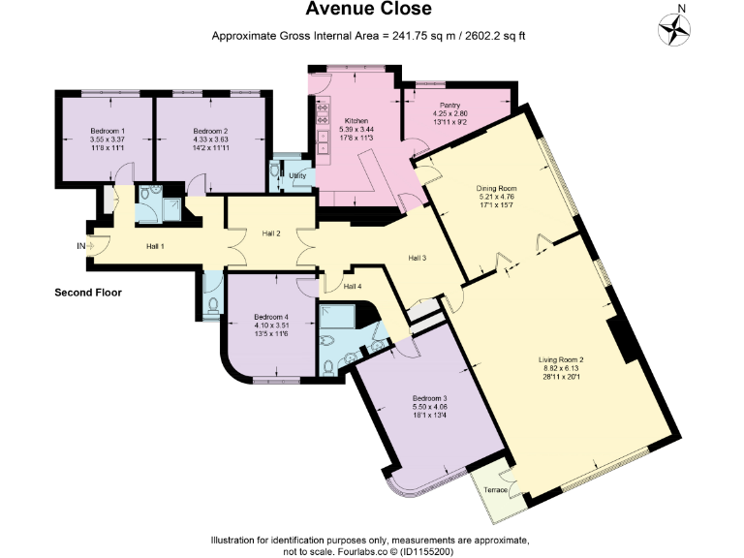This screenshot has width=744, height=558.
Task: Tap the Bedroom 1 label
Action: click(x=108, y=131)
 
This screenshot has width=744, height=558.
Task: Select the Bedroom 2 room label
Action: click(x=210, y=131)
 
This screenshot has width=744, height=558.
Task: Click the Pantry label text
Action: click(x=449, y=106)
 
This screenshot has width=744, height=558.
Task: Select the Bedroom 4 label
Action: click(x=271, y=316)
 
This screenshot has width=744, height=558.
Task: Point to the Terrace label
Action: click(x=495, y=490)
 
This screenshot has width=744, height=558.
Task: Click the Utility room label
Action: click(x=296, y=175)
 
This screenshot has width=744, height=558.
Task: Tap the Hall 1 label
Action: click(x=155, y=246)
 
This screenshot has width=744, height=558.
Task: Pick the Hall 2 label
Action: click(x=271, y=233)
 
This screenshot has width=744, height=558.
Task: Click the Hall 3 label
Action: click(x=417, y=258)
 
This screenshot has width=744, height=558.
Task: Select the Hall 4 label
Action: click(x=354, y=286)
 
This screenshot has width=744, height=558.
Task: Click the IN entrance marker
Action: click(x=81, y=246)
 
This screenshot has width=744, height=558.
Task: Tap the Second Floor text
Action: click(x=87, y=292)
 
